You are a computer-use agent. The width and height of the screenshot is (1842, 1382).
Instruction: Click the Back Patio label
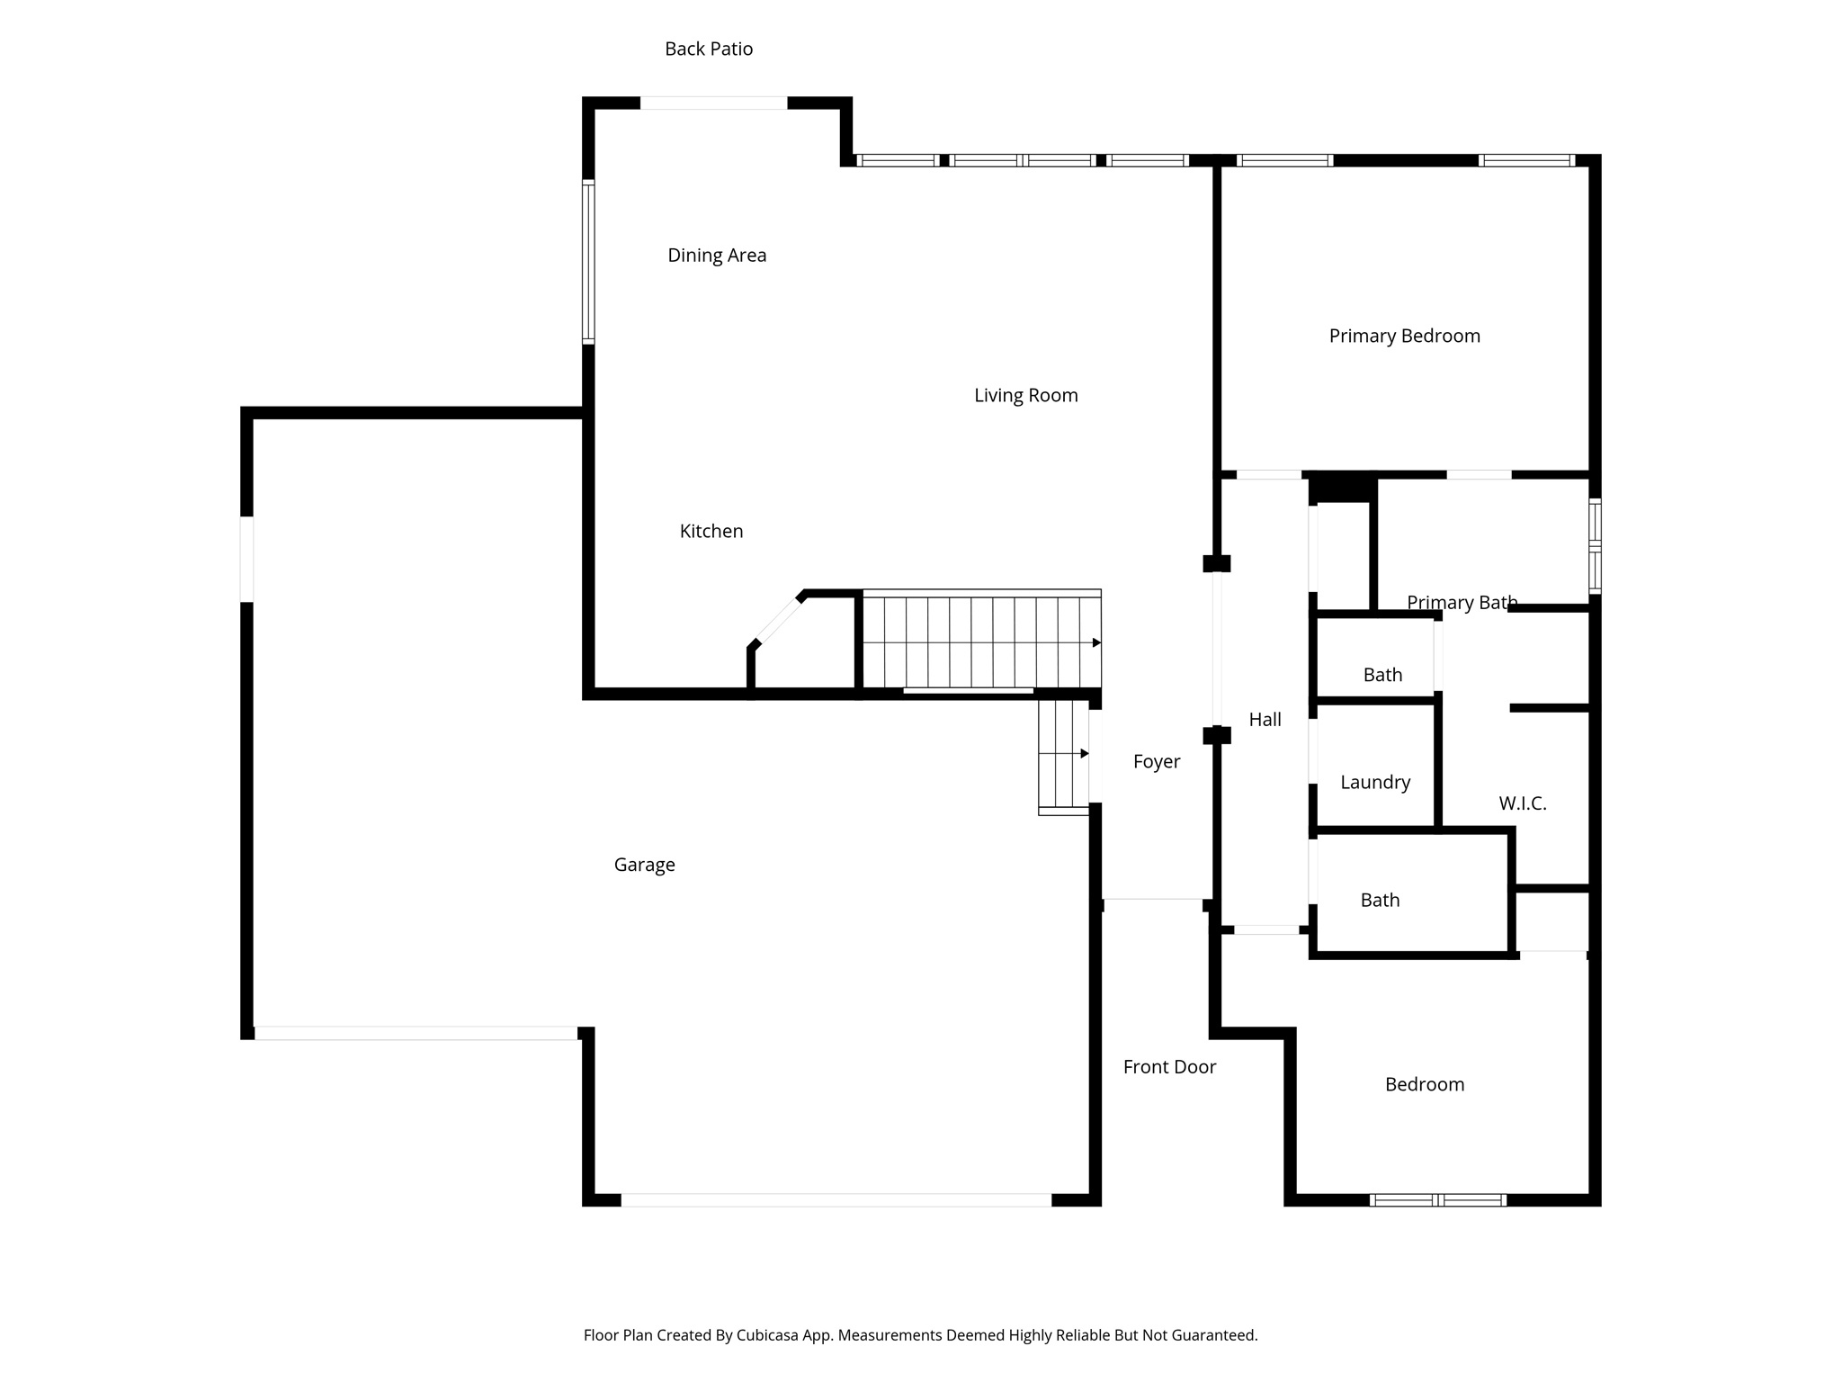tap(709, 49)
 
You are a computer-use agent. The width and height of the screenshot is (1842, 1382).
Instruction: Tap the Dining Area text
tap(717, 256)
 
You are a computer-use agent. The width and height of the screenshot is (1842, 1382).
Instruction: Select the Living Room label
tap(1025, 396)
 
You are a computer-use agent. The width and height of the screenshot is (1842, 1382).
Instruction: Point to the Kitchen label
tap(711, 532)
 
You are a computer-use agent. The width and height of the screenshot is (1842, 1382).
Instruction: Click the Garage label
tap(644, 866)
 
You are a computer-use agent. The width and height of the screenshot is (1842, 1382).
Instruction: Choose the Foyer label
tap(1156, 762)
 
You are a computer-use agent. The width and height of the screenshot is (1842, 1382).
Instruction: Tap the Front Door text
tap(1168, 1067)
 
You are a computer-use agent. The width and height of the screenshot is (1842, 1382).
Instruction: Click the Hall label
tap(1265, 720)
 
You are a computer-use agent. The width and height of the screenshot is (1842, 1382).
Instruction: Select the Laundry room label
tap(1374, 783)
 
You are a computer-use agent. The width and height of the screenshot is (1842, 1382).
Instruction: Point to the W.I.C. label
tap(1522, 804)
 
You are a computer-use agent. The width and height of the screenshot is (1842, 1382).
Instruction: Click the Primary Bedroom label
tap(1404, 337)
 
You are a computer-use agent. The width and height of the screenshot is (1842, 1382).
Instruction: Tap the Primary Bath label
tap(1462, 603)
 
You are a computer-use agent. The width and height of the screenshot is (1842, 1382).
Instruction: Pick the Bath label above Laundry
tap(1382, 675)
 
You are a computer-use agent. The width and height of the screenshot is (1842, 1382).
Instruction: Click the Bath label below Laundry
tap(1380, 901)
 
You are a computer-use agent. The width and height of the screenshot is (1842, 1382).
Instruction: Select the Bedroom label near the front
tap(1424, 1085)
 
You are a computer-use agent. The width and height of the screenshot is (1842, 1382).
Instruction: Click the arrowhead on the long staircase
tap(1096, 642)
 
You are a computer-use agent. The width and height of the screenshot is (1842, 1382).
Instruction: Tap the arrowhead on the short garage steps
tap(1085, 753)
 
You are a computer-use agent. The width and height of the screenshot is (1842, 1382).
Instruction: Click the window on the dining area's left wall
tap(588, 262)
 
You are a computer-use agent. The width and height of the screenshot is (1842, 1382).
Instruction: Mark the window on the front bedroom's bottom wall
tap(1437, 1199)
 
